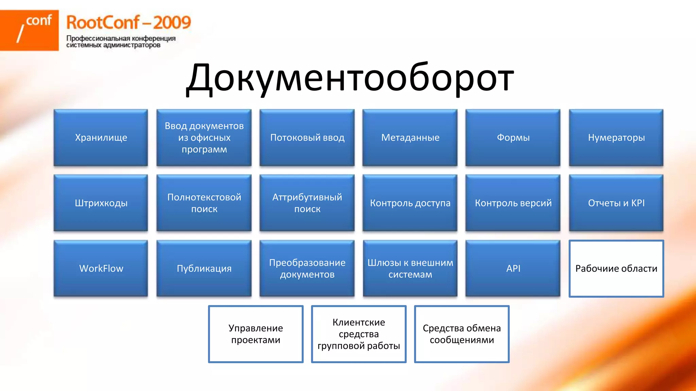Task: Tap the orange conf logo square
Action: (29, 30)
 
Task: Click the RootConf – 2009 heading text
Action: (128, 22)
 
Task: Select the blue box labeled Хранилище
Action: (101, 137)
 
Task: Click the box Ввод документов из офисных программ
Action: (204, 137)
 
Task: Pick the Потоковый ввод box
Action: (307, 137)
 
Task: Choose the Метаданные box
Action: (410, 137)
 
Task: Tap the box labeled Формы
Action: (513, 137)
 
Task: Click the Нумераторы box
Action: (616, 137)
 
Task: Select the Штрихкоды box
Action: (101, 203)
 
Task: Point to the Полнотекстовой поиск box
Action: (204, 203)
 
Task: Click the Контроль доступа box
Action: (410, 203)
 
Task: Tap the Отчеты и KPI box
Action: (616, 203)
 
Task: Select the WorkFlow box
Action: (101, 268)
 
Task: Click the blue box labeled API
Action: (513, 268)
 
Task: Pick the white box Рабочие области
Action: (616, 268)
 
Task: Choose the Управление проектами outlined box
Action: (256, 334)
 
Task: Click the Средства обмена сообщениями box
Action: (462, 334)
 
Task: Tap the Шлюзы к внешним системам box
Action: (410, 268)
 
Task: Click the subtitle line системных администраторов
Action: (113, 45)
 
